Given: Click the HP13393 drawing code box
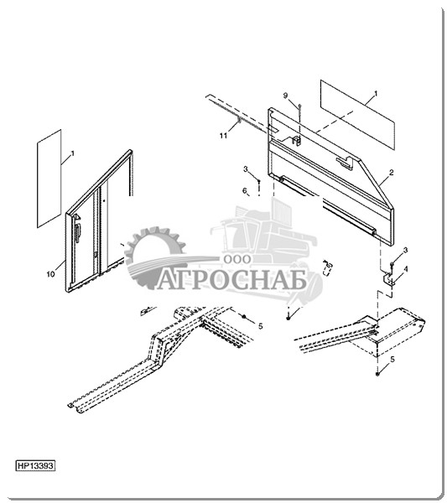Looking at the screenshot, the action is click(35, 465).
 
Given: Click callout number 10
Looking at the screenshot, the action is click(50, 274).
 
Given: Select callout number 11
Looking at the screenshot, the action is click(224, 136).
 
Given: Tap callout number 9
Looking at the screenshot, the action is click(285, 96).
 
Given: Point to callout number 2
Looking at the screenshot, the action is click(391, 173).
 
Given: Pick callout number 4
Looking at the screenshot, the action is click(406, 269).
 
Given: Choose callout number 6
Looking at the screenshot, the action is click(245, 191).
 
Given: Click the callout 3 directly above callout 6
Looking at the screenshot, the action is click(246, 169).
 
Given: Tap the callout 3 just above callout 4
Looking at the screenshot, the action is click(406, 250).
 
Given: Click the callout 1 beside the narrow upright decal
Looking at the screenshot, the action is click(72, 153).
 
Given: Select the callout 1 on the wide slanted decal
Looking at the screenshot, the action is click(376, 94).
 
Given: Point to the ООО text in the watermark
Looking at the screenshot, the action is click(237, 259).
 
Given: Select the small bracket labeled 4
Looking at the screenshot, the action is click(388, 279).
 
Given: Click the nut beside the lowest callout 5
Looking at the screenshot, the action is click(377, 374).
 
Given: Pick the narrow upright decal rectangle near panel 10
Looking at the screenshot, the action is click(49, 179).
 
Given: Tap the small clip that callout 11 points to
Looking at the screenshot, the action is click(239, 120).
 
